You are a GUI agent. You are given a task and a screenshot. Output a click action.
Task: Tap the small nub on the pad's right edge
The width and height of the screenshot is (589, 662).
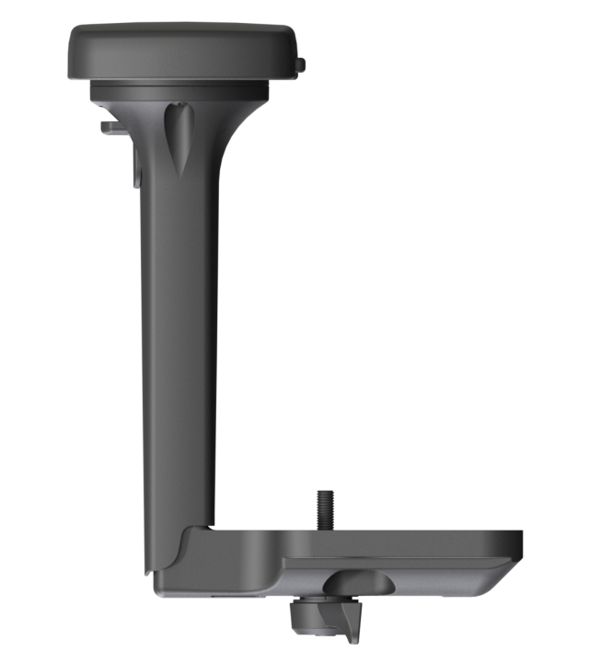point(301,64)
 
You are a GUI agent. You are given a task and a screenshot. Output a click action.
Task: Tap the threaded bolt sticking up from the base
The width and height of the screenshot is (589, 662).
point(325,510)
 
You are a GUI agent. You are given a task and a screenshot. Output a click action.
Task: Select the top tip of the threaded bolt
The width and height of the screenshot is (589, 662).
point(325,493)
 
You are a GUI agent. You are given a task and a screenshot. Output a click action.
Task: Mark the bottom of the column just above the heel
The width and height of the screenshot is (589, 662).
point(179,510)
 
